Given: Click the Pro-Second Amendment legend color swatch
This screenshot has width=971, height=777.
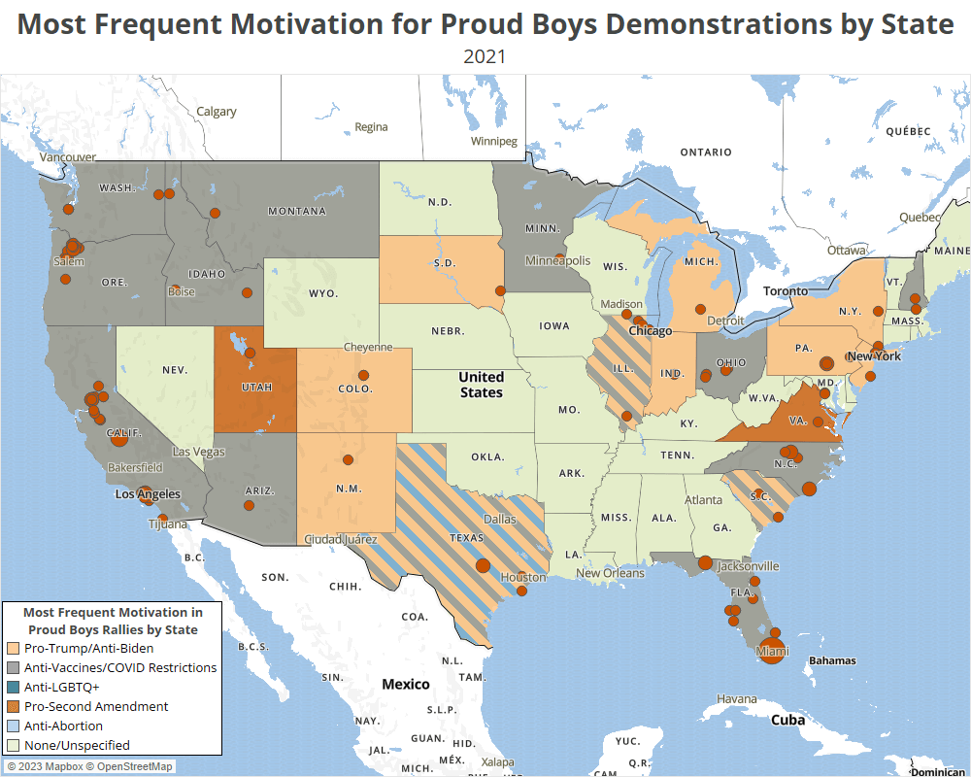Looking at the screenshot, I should (14, 706).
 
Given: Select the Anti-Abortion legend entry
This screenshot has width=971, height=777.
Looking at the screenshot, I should (63, 726).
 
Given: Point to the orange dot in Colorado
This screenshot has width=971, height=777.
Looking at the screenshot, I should (364, 375).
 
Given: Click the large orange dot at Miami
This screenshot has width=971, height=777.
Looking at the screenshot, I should (773, 653).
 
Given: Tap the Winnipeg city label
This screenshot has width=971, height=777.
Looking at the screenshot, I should (493, 141).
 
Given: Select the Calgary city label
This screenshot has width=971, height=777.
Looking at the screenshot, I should (217, 112).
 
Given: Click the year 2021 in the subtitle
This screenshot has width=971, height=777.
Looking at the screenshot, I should (485, 56).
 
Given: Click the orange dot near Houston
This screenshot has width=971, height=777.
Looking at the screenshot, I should (522, 591).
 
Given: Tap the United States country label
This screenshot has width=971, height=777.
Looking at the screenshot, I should (482, 385).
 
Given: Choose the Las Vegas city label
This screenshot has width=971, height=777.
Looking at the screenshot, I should (198, 452).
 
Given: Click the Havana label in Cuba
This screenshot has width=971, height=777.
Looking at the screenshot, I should (736, 699).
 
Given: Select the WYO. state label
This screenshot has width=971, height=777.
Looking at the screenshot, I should (323, 293).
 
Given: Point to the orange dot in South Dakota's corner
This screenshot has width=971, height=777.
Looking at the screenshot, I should (500, 290).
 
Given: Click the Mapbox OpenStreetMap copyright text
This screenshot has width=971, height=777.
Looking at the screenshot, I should (89, 766).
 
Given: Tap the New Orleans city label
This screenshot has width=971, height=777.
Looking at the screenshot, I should (610, 573).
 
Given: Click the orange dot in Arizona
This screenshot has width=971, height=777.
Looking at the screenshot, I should (250, 505).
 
